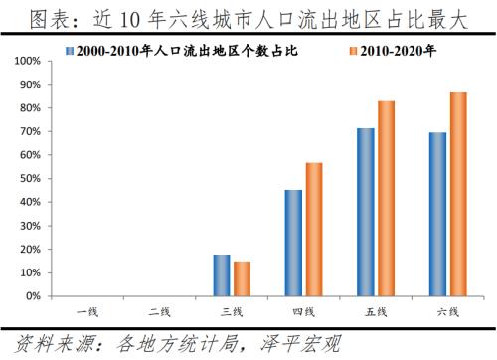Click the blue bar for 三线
pyautogui.click(x=222, y=275)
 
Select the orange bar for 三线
pyautogui.click(x=242, y=278)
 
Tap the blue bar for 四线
pyautogui.click(x=293, y=243)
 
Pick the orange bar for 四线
pyautogui.click(x=313, y=230)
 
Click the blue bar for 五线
pyautogui.click(x=365, y=212)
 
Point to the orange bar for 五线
pyautogui.click(x=386, y=199)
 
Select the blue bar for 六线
pyautogui.click(x=436, y=214)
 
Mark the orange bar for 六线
pyautogui.click(x=457, y=194)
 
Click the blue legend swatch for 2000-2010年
pyautogui.click(x=69, y=49)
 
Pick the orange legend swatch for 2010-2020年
pyautogui.click(x=355, y=49)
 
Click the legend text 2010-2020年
pyautogui.click(x=399, y=49)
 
